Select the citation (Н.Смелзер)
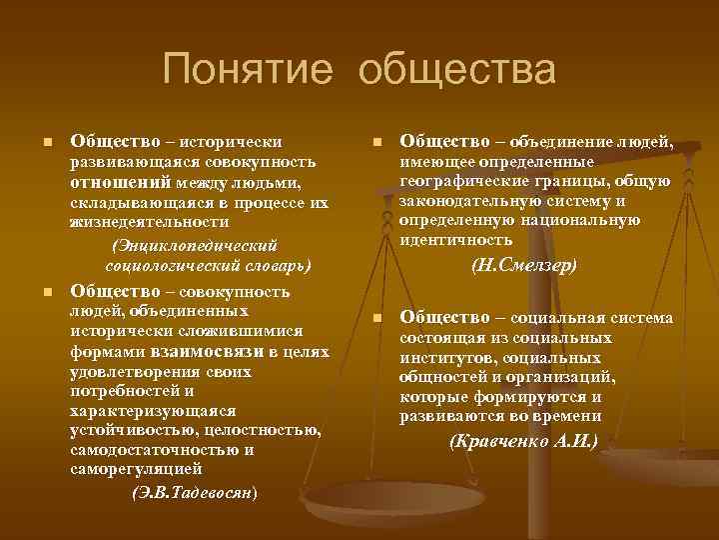tap(524, 266)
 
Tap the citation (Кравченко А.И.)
tap(523, 440)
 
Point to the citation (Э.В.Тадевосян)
tap(195, 493)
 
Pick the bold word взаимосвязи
tap(207, 351)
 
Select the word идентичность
tap(455, 240)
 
